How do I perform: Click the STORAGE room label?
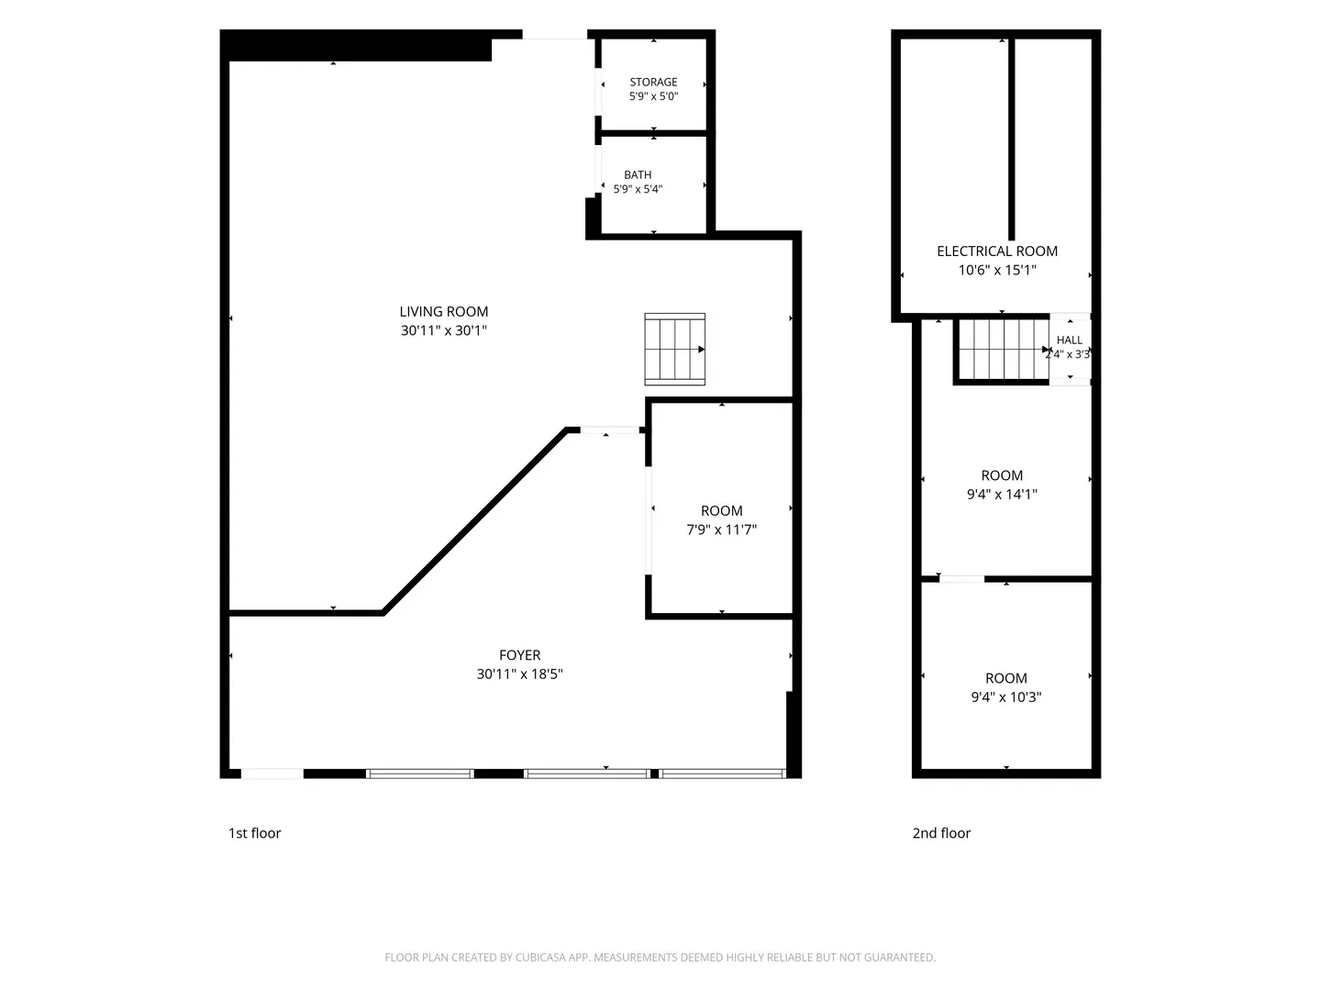click(653, 82)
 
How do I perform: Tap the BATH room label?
click(638, 174)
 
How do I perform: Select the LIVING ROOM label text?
click(443, 312)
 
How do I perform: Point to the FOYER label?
click(519, 654)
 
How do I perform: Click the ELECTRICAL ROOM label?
click(996, 251)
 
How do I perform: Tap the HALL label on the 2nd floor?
click(1069, 340)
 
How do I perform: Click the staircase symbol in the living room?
click(674, 349)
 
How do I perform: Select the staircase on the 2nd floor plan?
click(1003, 351)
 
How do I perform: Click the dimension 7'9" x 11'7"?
click(721, 529)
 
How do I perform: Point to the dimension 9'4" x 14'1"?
click(1002, 494)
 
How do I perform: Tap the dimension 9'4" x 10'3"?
click(1005, 696)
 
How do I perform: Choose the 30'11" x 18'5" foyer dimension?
click(519, 674)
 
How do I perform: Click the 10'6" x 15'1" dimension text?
click(996, 270)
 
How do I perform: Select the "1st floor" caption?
click(254, 833)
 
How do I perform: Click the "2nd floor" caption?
click(941, 833)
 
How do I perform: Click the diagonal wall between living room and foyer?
click(474, 521)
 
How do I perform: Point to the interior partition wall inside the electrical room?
click(1011, 139)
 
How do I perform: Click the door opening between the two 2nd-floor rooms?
click(961, 579)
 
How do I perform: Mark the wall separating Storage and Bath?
click(653, 133)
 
